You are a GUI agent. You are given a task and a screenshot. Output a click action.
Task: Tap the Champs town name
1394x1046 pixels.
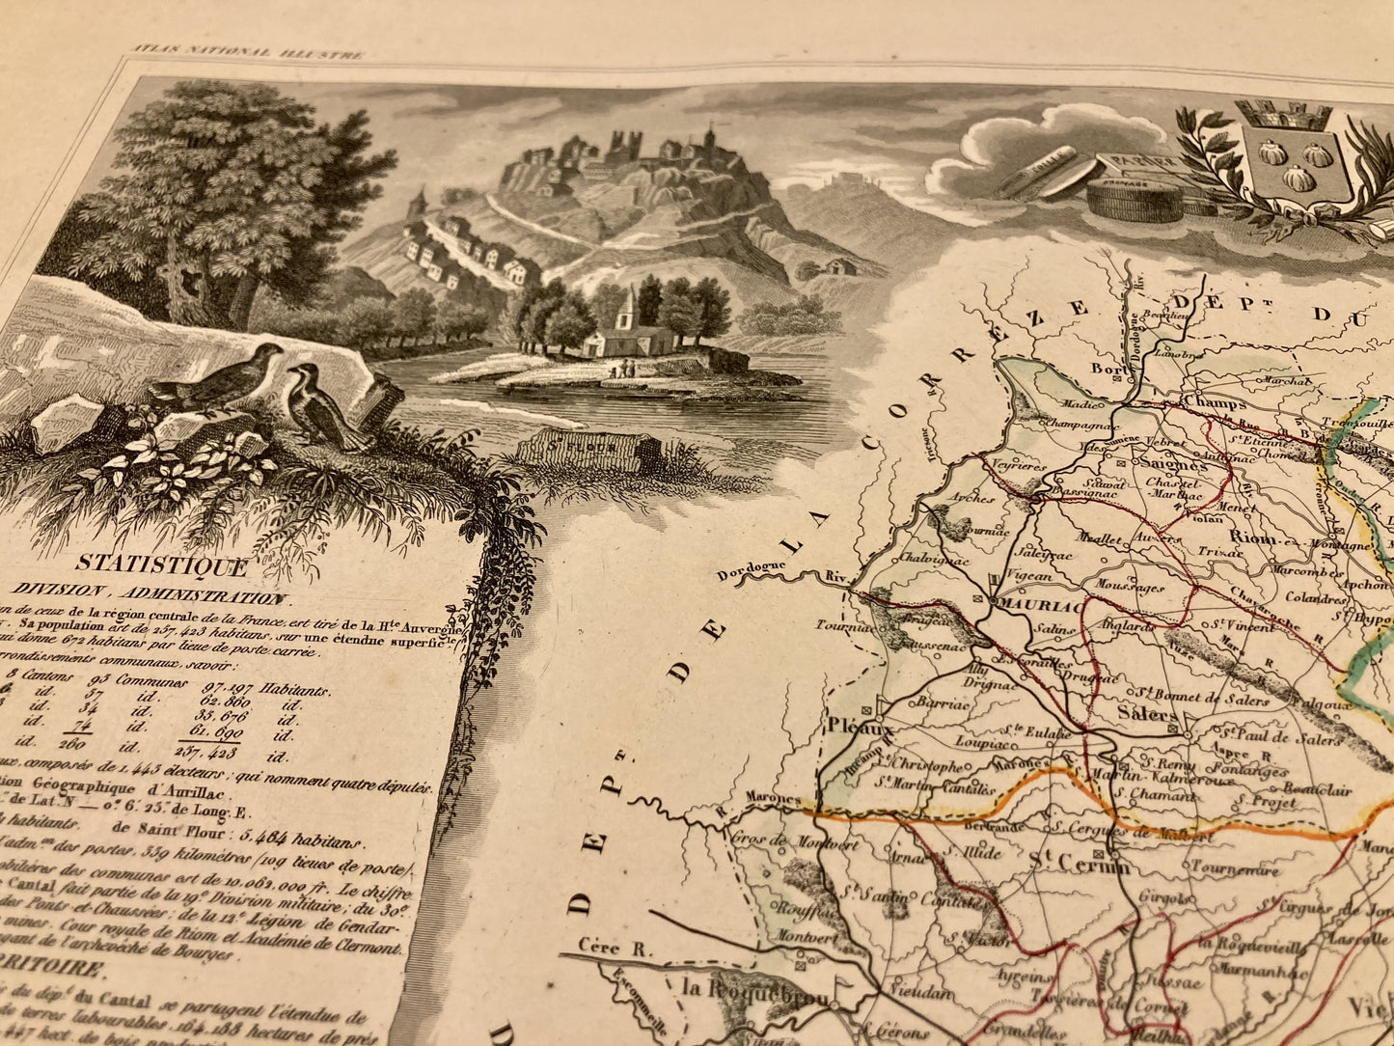tap(1214, 402)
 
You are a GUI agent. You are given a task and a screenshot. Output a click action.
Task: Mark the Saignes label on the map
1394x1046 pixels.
tap(1168, 463)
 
